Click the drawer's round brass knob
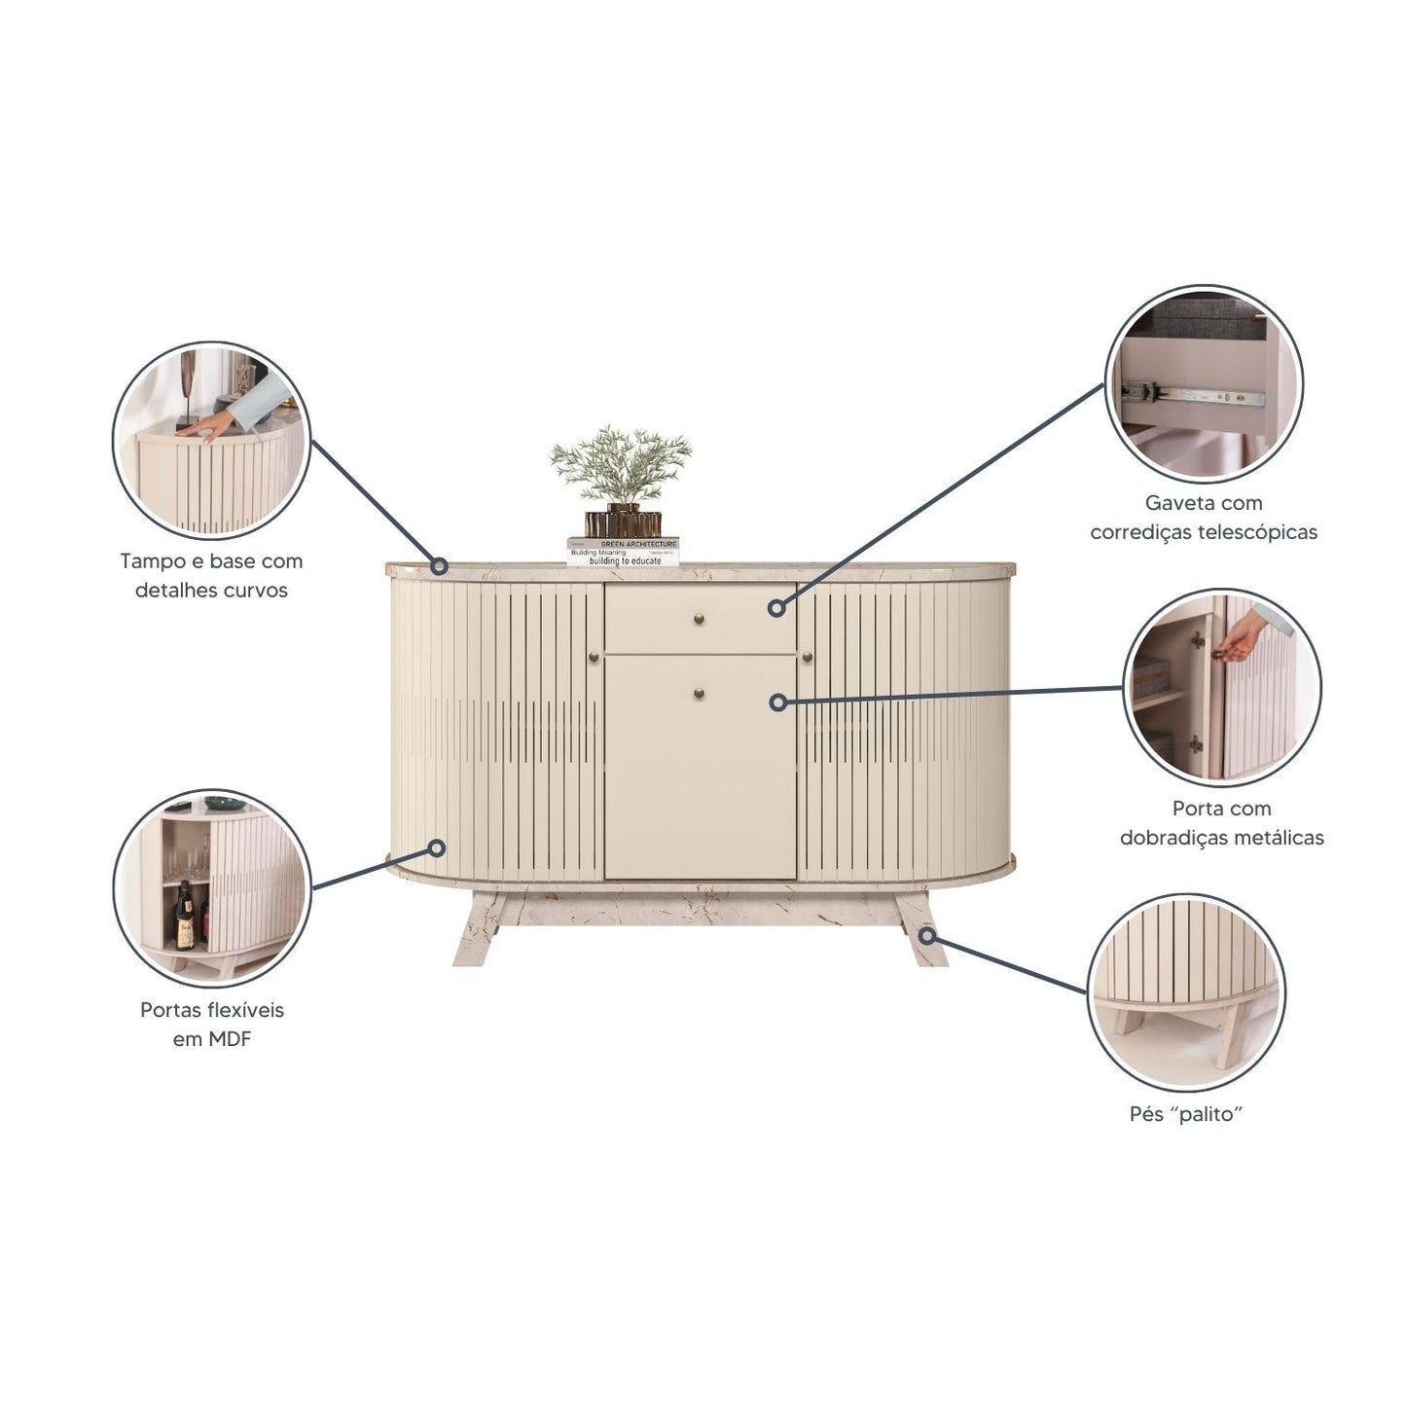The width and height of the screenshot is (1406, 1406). click(699, 620)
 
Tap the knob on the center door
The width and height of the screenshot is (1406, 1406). click(699, 693)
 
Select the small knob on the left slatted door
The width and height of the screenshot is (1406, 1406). click(594, 657)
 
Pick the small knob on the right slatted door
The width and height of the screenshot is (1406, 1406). click(807, 657)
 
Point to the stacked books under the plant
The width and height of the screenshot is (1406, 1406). click(623, 552)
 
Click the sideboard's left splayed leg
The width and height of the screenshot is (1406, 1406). click(477, 929)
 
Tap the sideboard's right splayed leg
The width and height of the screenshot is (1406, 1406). click(921, 929)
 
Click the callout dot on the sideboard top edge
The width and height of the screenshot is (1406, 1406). click(439, 564)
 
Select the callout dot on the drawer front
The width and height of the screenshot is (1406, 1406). click(777, 608)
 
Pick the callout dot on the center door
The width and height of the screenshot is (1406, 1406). click(778, 703)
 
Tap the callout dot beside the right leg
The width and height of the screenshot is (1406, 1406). click(927, 935)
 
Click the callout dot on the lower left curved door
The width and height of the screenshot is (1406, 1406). click(436, 847)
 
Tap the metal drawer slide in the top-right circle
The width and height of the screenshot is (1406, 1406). click(1195, 395)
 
